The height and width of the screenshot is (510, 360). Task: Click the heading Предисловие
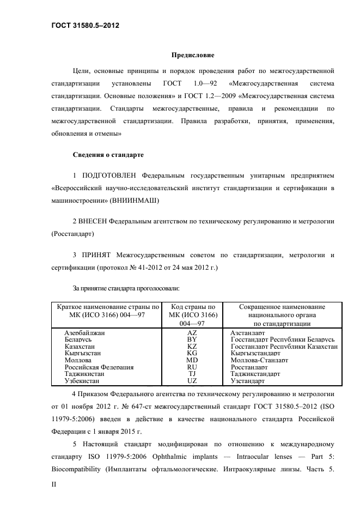pos(193,56)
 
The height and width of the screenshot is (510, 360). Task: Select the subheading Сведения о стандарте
pos(108,155)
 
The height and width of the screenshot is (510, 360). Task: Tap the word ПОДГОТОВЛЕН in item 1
pos(109,176)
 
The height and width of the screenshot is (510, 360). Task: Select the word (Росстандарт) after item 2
pos(72,234)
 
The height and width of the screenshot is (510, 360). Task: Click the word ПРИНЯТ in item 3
pos(96,255)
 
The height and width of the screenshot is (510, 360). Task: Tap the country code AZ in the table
pos(192,332)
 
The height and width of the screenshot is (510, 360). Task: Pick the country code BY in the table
pos(192,339)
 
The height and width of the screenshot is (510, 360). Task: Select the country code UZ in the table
pos(192,381)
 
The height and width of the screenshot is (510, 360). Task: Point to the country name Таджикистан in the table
pos(84,374)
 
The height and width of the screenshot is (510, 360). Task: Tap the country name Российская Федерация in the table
pos(99,367)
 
